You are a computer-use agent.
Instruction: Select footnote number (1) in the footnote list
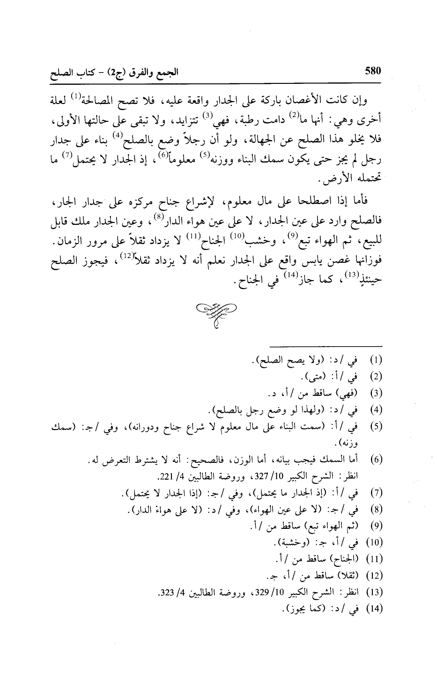[x=378, y=361]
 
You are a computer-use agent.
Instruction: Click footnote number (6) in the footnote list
[x=378, y=461]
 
